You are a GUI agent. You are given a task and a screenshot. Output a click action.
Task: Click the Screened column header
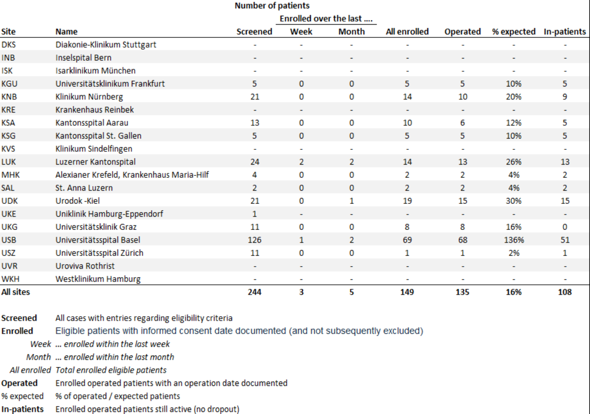254,31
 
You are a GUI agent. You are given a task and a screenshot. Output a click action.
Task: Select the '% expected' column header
514,31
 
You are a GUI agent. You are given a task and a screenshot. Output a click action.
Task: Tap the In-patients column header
565,31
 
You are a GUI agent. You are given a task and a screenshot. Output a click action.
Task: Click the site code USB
9,240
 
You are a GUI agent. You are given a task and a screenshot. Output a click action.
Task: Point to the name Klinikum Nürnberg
89,97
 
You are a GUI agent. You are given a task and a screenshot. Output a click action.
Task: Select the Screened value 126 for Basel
254,240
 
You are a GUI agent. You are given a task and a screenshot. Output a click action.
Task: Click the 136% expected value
514,240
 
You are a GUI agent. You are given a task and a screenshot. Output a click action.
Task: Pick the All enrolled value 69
407,240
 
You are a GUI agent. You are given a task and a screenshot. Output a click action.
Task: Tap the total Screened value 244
254,292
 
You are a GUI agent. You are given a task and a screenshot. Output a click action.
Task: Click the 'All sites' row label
16,292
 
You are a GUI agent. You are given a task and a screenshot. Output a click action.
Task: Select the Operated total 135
462,292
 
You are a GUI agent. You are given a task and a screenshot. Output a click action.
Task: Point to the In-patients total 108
565,292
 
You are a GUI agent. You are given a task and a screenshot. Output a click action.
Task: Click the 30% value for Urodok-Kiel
514,201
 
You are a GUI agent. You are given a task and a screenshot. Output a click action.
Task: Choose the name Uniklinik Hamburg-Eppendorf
109,214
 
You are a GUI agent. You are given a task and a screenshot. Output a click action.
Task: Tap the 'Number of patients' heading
272,6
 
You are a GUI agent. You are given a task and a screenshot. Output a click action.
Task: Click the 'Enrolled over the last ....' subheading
327,19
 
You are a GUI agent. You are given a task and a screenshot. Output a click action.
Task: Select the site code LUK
9,162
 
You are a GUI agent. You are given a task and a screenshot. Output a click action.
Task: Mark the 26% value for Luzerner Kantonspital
514,162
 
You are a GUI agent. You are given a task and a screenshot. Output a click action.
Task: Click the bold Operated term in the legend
19,383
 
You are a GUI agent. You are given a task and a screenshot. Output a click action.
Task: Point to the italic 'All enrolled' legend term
30,370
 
